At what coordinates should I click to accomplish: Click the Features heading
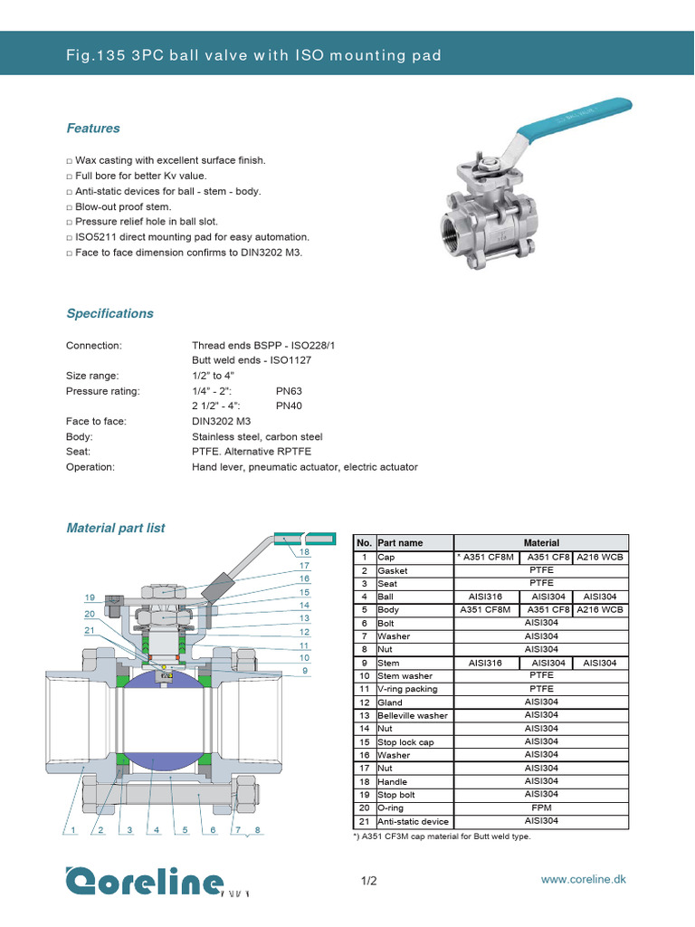(x=93, y=129)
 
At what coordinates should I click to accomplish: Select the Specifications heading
(x=109, y=313)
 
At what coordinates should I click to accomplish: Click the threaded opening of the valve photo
(x=454, y=225)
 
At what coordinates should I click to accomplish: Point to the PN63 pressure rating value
(x=290, y=391)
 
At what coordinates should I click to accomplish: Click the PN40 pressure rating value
(x=290, y=406)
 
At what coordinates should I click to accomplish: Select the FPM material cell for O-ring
(x=540, y=808)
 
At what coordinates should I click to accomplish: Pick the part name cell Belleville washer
(x=413, y=715)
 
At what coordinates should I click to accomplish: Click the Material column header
(x=540, y=543)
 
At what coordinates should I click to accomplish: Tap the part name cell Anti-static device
(x=413, y=821)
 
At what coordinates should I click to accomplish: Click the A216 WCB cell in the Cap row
(x=600, y=558)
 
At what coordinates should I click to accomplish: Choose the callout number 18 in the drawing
(x=304, y=551)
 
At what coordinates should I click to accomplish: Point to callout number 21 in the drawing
(x=90, y=630)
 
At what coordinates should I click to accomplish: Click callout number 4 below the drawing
(x=157, y=829)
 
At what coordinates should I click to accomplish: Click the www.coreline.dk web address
(x=583, y=880)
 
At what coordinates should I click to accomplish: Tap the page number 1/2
(x=368, y=881)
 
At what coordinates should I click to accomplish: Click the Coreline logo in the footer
(x=144, y=881)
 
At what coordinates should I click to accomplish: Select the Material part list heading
(x=116, y=528)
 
